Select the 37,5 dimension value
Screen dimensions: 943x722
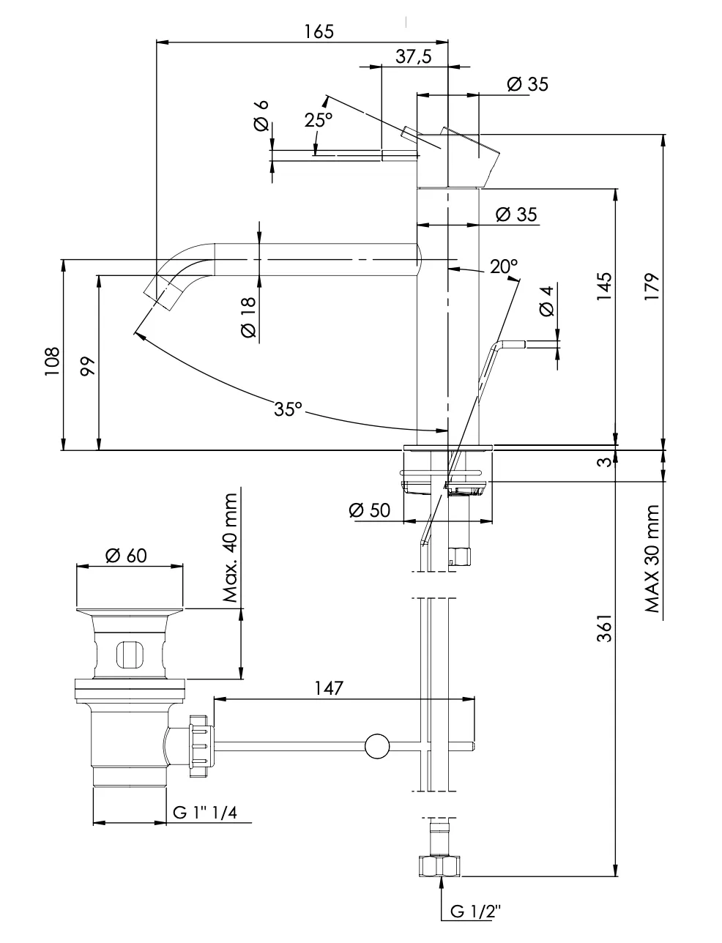[x=414, y=57]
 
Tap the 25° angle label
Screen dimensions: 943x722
[x=319, y=120]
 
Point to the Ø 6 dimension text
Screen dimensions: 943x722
[x=261, y=115]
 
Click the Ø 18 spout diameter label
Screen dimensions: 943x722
[x=248, y=318]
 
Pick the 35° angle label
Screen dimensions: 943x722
[x=289, y=409]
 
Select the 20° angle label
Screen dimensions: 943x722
[x=504, y=266]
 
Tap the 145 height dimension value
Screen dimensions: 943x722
[x=604, y=287]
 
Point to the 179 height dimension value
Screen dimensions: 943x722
[x=652, y=287]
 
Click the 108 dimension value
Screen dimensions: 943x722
[x=51, y=362]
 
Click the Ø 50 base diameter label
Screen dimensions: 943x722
[x=370, y=510]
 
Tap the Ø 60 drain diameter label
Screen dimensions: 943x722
[x=126, y=556]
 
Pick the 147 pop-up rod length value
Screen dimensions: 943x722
[x=330, y=687]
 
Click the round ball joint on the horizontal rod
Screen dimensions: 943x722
[x=377, y=746]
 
